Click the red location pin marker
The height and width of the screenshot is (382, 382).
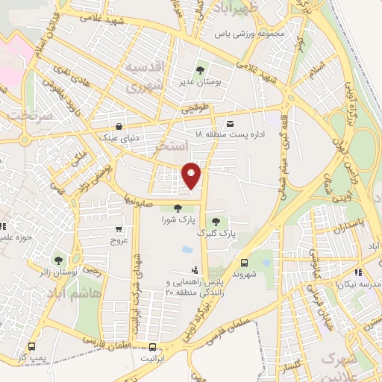click(x=192, y=175)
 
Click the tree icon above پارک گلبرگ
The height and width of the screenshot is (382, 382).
click(x=216, y=221)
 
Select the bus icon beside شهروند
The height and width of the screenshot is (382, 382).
click(x=244, y=263)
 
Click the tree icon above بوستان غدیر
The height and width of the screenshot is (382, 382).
click(x=199, y=72)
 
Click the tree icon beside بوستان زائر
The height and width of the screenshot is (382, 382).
click(x=57, y=260)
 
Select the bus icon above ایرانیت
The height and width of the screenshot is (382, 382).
click(x=153, y=347)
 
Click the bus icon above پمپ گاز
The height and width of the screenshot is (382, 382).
click(x=31, y=346)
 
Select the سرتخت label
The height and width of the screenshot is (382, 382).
click(x=28, y=117)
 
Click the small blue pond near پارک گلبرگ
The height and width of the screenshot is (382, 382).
click(x=186, y=250)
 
